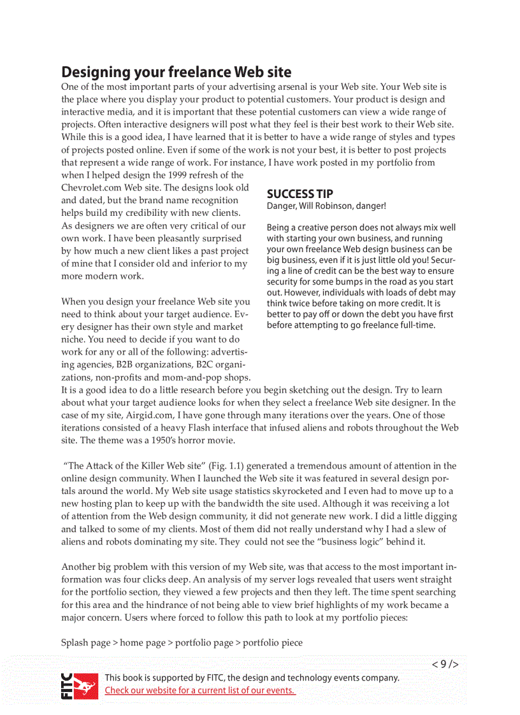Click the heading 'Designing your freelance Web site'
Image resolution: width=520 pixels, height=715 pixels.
tap(177, 71)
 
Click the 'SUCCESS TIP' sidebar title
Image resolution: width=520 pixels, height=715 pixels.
tap(300, 194)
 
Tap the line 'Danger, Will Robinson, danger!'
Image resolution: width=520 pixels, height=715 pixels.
tap(326, 206)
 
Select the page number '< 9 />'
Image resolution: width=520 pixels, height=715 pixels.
tap(445, 664)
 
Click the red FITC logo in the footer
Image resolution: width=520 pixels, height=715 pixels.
tap(80, 685)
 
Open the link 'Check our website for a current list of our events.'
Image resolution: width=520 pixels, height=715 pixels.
tap(199, 690)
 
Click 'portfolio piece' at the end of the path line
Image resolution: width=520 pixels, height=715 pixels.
tap(272, 642)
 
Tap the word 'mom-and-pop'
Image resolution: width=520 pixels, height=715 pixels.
tap(191, 378)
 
